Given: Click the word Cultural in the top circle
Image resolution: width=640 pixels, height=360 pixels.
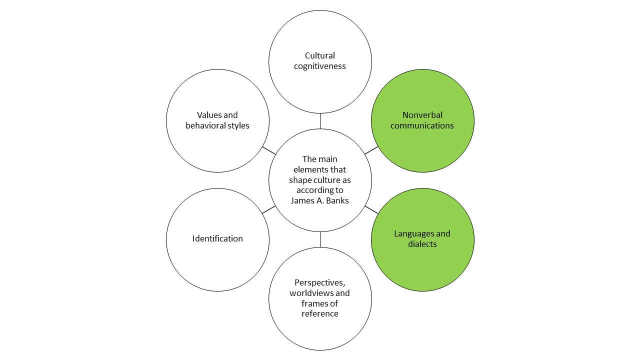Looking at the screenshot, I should tap(320, 55).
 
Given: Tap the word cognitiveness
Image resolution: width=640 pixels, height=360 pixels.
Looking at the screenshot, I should tap(320, 66).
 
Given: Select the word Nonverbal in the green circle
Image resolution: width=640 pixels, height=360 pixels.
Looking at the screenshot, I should tap(422, 115).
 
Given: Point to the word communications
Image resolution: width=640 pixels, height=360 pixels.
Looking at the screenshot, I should tap(422, 125).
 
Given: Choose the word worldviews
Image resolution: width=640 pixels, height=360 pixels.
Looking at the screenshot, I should tap(311, 292).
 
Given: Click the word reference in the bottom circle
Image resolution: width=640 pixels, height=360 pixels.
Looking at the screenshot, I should tap(320, 313).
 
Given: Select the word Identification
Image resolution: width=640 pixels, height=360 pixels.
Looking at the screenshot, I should tap(217, 238).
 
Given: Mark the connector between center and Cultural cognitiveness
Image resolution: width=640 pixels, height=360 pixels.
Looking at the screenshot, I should tap(320, 121).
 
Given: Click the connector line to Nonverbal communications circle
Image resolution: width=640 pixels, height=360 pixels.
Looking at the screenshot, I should tap(371, 150).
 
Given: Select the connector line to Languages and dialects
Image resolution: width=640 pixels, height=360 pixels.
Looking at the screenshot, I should tap(371, 210).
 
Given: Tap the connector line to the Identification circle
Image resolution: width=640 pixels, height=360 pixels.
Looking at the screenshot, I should tap(268, 210).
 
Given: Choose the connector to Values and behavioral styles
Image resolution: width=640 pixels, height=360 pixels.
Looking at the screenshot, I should tap(268, 150).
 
